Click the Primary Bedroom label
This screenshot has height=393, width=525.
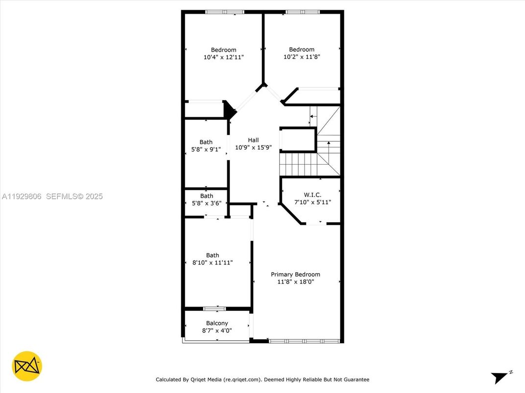pyautogui.click(x=295, y=274)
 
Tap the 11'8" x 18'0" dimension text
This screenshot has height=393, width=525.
pyautogui.click(x=295, y=282)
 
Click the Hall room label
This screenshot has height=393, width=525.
pyautogui.click(x=253, y=140)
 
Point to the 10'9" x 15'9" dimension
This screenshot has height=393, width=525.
pyautogui.click(x=253, y=147)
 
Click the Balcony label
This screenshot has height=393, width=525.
pyautogui.click(x=216, y=323)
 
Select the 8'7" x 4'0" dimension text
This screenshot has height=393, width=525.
pyautogui.click(x=216, y=330)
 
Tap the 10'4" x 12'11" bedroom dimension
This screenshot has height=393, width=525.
pyautogui.click(x=223, y=57)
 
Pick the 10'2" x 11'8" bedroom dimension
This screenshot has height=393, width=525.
pyautogui.click(x=302, y=57)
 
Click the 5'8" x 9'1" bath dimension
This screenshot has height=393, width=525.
pyautogui.click(x=206, y=150)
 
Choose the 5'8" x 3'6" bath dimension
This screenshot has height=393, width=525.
pyautogui.click(x=206, y=203)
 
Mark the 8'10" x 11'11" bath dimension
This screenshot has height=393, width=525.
pyautogui.click(x=213, y=262)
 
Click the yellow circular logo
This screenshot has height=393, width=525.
pyautogui.click(x=27, y=366)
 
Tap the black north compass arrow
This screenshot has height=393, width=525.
pyautogui.click(x=500, y=378)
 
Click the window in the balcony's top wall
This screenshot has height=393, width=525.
pyautogui.click(x=215, y=308)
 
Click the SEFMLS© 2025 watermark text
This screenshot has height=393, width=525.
pyautogui.click(x=74, y=196)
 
